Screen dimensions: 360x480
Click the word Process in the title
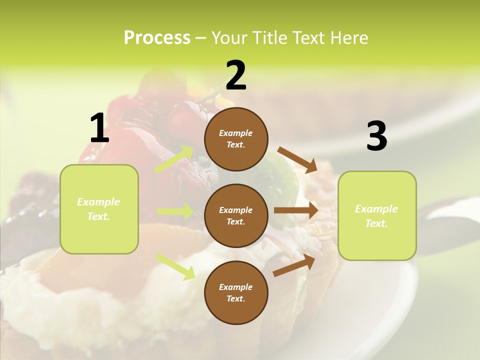click(x=157, y=38)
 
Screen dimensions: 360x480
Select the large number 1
click(x=99, y=128)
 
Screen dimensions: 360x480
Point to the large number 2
click(x=236, y=75)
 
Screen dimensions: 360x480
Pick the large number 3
click(x=376, y=136)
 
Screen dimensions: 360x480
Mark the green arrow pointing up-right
click(x=174, y=159)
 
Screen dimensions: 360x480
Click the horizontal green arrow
click(x=175, y=211)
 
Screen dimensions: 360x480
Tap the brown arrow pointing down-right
click(x=297, y=159)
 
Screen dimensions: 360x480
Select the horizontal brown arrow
click(x=295, y=210)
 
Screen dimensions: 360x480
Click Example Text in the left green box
click(x=98, y=209)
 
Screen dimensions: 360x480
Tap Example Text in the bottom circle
click(x=235, y=292)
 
